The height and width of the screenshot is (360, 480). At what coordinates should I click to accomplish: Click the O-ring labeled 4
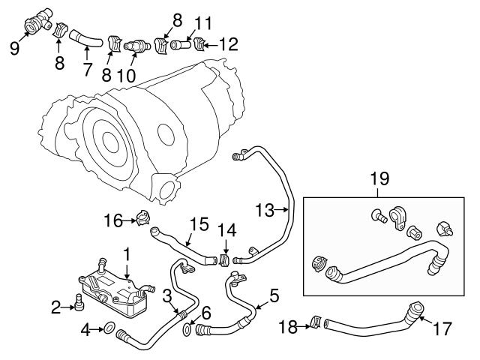108,328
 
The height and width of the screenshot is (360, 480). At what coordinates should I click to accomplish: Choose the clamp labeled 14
223,259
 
